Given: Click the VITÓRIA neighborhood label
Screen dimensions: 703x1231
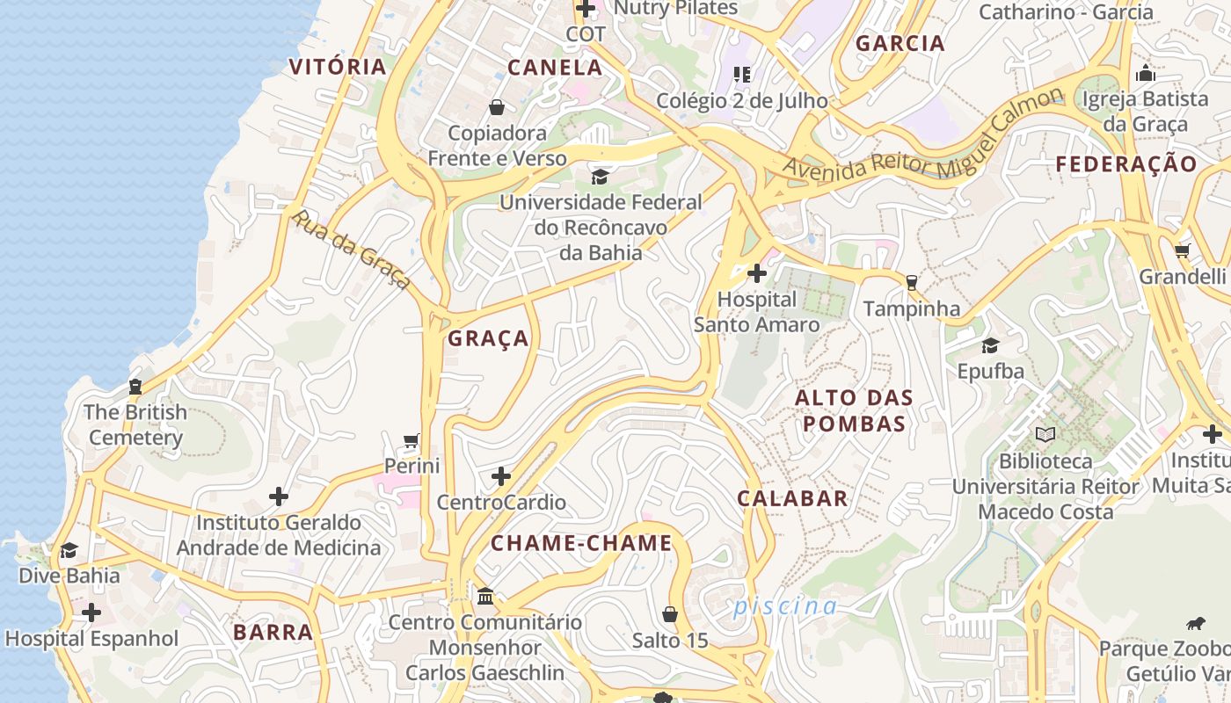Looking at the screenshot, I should [x=338, y=67].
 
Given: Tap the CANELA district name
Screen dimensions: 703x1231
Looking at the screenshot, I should [x=555, y=68].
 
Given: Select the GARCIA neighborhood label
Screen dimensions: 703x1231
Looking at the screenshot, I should [x=900, y=43].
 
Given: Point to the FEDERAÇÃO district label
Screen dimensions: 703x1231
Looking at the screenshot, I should [x=1126, y=164].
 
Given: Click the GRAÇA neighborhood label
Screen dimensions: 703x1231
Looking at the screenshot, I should [x=488, y=339].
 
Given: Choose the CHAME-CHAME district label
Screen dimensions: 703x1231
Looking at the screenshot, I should [x=581, y=543].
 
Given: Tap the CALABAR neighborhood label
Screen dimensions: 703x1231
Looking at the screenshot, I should [x=792, y=498].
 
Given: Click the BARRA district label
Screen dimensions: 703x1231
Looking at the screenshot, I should [x=273, y=632].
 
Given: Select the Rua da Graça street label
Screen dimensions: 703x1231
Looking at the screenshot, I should [x=351, y=250].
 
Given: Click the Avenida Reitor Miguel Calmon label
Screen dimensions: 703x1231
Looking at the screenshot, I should [x=923, y=136].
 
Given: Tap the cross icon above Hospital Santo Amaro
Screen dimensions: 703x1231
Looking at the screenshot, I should [x=756, y=273].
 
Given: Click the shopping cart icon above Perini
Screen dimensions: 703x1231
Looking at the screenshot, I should [x=411, y=439].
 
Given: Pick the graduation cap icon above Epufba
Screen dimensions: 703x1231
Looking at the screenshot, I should [x=990, y=345].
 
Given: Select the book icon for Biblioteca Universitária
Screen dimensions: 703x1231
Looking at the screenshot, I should [x=1045, y=434].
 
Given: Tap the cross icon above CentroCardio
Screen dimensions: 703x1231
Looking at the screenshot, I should [x=501, y=476].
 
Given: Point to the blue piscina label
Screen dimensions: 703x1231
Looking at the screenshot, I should [x=785, y=606].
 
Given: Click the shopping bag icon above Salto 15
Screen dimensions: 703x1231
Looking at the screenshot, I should [x=670, y=613].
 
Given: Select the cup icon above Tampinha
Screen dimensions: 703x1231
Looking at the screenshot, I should [x=911, y=282].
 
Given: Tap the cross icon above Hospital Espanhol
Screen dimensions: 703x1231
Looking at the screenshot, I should [x=91, y=612].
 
